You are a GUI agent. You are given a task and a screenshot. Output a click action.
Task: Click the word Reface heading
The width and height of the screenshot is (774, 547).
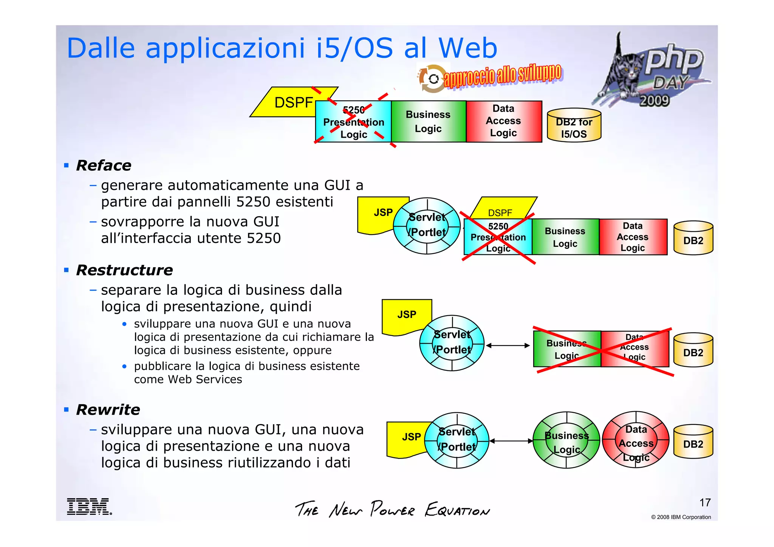pyautogui.click(x=104, y=166)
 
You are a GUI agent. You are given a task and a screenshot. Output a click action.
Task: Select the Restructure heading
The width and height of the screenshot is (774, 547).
pyautogui.click(x=124, y=270)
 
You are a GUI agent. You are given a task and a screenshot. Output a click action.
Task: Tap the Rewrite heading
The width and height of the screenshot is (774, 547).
pyautogui.click(x=108, y=410)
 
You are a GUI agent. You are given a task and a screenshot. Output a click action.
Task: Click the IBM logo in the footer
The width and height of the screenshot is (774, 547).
pyautogui.click(x=89, y=506)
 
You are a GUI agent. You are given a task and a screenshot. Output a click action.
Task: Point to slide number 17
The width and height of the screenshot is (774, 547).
pyautogui.click(x=705, y=502)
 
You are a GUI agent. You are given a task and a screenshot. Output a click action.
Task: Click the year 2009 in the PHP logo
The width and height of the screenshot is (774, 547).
pyautogui.click(x=654, y=101)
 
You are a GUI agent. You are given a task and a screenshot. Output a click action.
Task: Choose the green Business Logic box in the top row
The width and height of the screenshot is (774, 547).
pyautogui.click(x=428, y=121)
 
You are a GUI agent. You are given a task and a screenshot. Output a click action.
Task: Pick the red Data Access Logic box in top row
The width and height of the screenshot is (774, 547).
pyautogui.click(x=503, y=121)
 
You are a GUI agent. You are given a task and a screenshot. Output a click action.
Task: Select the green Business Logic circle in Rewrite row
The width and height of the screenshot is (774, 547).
pyautogui.click(x=566, y=440)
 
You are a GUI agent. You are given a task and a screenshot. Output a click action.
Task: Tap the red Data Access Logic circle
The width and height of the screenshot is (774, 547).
pyautogui.click(x=636, y=440)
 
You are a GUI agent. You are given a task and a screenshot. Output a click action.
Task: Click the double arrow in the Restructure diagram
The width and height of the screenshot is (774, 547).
pyautogui.click(x=508, y=346)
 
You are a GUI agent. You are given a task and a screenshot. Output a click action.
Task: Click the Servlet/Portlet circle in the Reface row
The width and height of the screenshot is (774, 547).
pyautogui.click(x=427, y=226)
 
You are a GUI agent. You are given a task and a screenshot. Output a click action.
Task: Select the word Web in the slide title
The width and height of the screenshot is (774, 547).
pyautogui.click(x=467, y=48)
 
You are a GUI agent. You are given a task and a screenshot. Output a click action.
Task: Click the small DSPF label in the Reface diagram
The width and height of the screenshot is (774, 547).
pyautogui.click(x=500, y=213)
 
